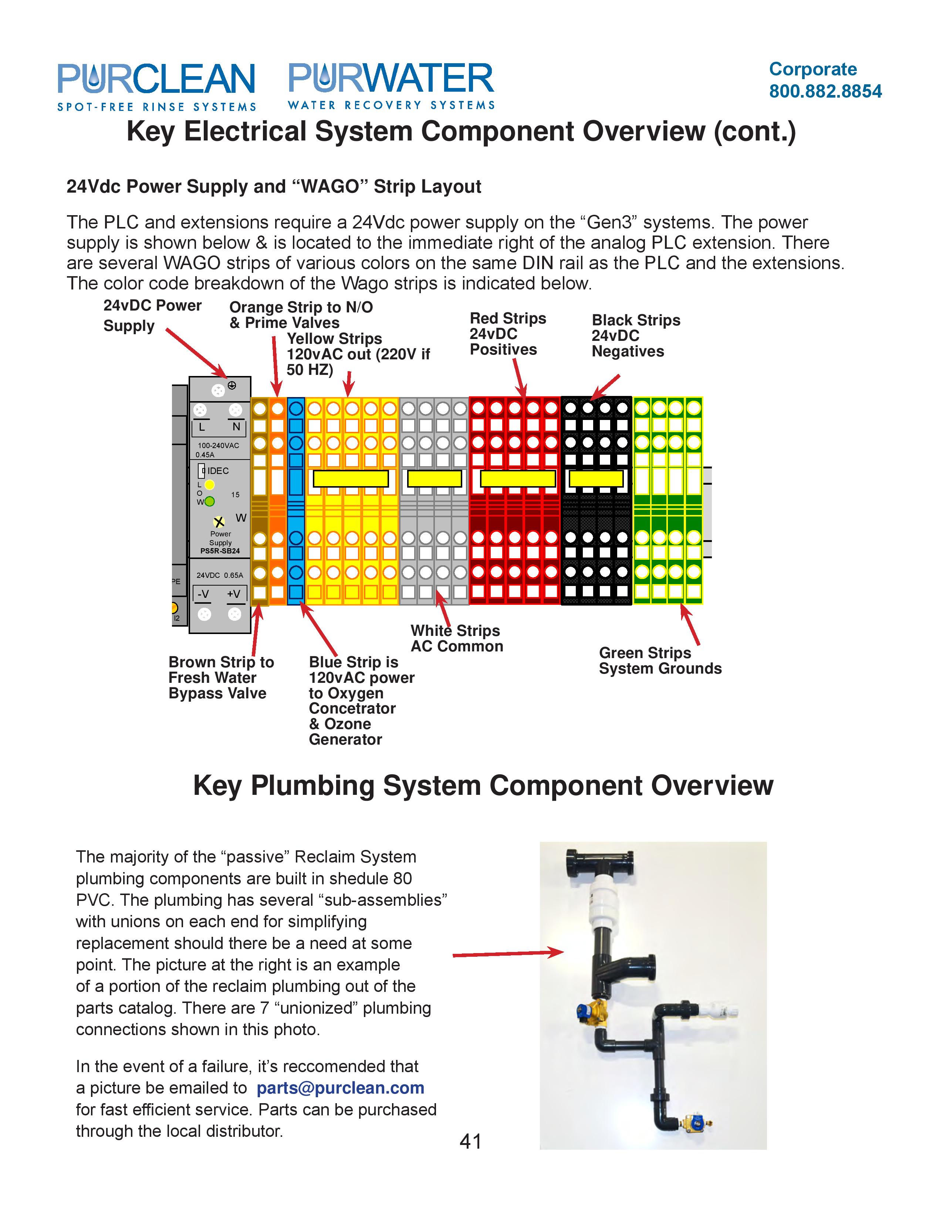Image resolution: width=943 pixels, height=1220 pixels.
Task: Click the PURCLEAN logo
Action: click(x=156, y=85)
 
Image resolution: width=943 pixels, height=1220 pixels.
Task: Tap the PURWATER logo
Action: click(x=391, y=85)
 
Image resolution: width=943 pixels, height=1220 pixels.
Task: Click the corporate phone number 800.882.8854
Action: click(x=825, y=91)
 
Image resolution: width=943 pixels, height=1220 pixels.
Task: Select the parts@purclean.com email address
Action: click(x=340, y=1088)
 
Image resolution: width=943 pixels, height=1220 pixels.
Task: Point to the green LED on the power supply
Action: click(x=209, y=501)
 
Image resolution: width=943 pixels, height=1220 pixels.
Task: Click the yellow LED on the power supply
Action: click(x=209, y=485)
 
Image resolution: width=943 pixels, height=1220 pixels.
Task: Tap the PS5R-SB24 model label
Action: click(x=220, y=551)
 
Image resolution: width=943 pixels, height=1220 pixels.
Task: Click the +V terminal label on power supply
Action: click(x=233, y=594)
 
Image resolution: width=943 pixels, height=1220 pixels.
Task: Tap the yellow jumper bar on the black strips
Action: click(x=595, y=479)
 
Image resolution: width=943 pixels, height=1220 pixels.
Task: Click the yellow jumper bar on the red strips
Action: click(x=517, y=479)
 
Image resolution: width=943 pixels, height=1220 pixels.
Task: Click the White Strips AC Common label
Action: click(x=456, y=638)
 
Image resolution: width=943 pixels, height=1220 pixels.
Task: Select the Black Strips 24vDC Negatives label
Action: click(x=635, y=336)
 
